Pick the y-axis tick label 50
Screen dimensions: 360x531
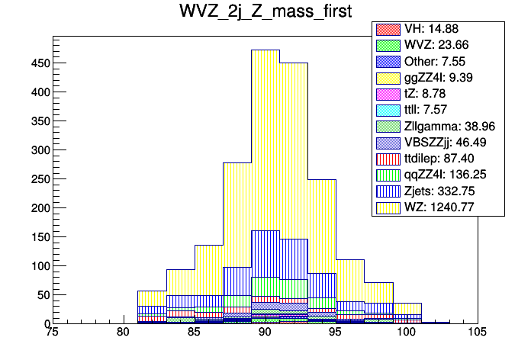pos(41,295)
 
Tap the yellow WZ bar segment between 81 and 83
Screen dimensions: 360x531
pos(152,298)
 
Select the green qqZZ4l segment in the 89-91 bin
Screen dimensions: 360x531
pos(265,287)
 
